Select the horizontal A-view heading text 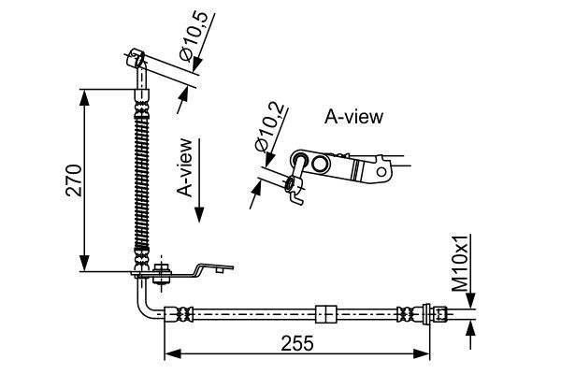tap(353, 117)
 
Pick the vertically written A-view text tap(186, 168)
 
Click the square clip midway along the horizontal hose tap(325, 313)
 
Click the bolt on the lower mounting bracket tap(162, 272)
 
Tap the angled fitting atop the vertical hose tap(137, 66)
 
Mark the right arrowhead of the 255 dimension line tap(425, 353)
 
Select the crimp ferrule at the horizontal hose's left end tap(179, 313)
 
